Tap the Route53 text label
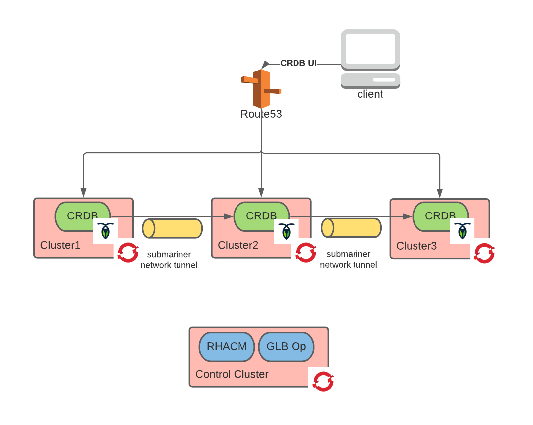[x=261, y=114]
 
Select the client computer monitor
[x=370, y=49]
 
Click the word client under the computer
[x=370, y=94]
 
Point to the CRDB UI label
[x=298, y=63]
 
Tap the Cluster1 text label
[x=60, y=245]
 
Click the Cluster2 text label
[x=238, y=245]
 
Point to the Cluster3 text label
[x=416, y=246]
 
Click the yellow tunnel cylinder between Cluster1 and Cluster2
[x=173, y=228]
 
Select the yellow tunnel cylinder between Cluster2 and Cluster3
[x=352, y=228]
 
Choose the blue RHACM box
[x=227, y=347]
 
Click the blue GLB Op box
[x=286, y=347]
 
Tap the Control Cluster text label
[x=232, y=374]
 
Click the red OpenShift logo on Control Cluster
[x=323, y=381]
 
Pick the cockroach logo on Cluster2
[x=286, y=231]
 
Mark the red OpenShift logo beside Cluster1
[x=128, y=253]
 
